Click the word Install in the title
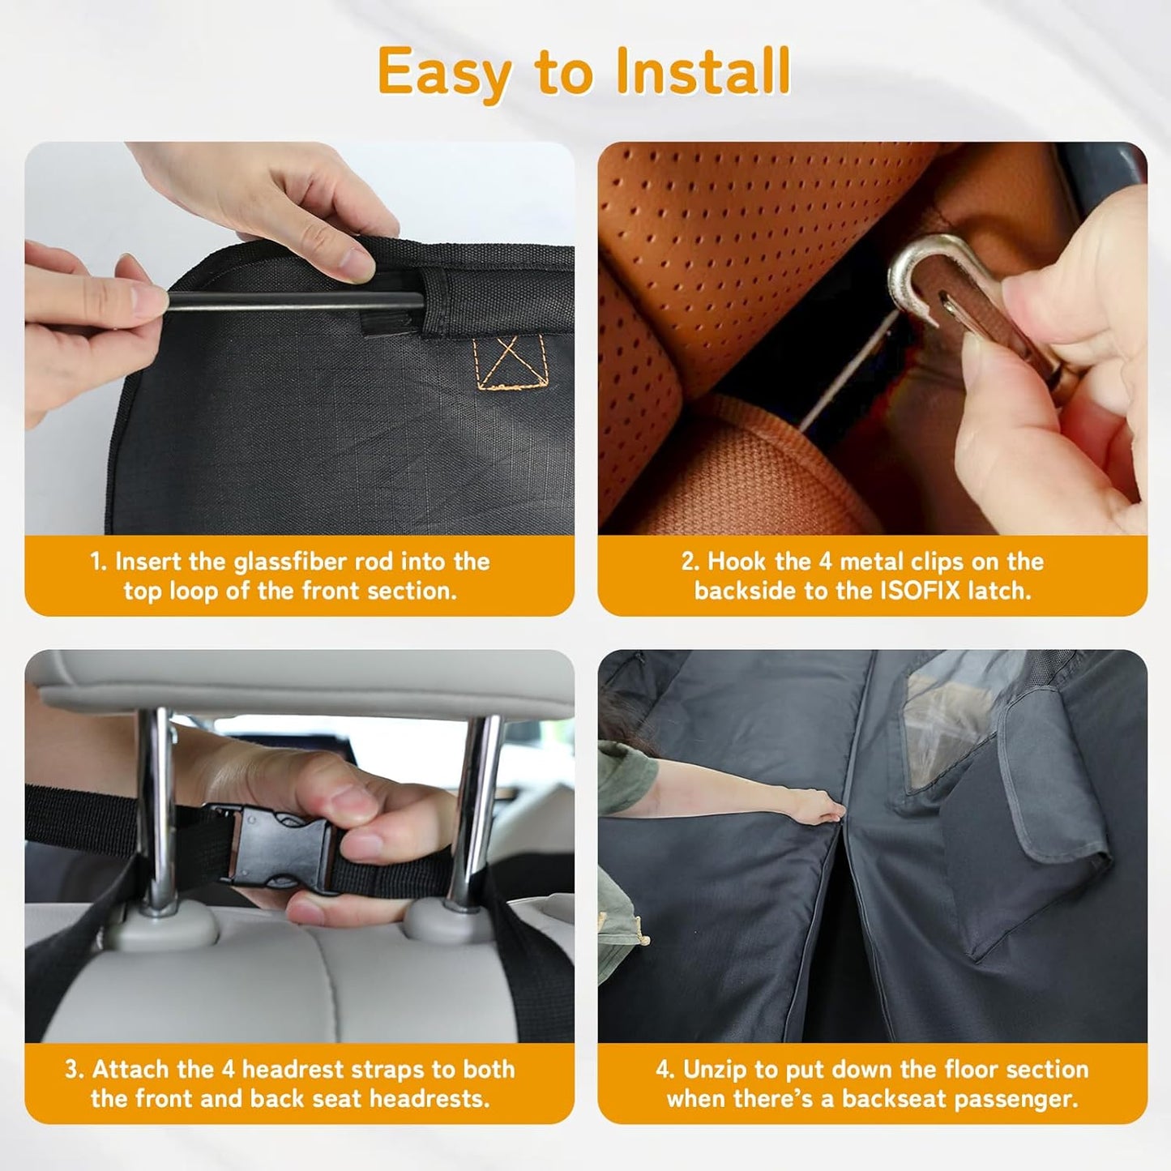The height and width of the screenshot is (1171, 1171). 702,71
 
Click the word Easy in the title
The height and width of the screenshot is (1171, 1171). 444,73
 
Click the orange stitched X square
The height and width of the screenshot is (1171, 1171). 510,361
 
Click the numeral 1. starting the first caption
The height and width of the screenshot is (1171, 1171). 98,562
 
